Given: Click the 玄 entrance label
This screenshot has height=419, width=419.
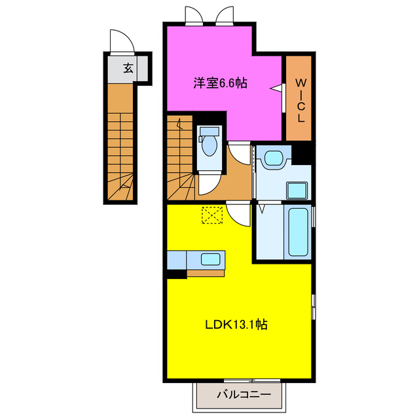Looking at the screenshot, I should click(x=128, y=67).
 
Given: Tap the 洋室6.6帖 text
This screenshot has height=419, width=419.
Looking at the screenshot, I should click(x=220, y=84).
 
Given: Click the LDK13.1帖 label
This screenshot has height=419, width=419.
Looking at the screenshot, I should click(x=238, y=323).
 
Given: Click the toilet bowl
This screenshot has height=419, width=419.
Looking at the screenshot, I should click(x=209, y=143).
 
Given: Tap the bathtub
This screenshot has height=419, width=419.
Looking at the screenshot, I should click(x=298, y=232).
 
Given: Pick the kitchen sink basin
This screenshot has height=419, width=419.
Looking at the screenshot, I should click(x=209, y=259).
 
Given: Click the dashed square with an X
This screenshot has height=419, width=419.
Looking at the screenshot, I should click(x=212, y=215).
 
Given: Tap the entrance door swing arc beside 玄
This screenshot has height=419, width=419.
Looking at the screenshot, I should click(x=122, y=41).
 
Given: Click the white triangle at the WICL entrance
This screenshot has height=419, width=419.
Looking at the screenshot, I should click(x=278, y=88).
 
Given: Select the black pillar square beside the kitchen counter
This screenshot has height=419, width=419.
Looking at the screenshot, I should click(x=175, y=274).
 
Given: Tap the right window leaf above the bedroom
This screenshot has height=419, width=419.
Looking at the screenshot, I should click(x=225, y=14).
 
